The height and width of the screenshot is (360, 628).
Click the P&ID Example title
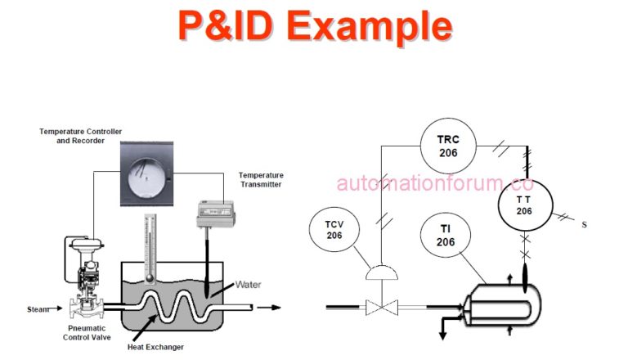[315, 27]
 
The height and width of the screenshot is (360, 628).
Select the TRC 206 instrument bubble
[447, 146]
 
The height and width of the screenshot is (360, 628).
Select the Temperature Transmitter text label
[261, 180]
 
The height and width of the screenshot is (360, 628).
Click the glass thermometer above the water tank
[149, 245]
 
